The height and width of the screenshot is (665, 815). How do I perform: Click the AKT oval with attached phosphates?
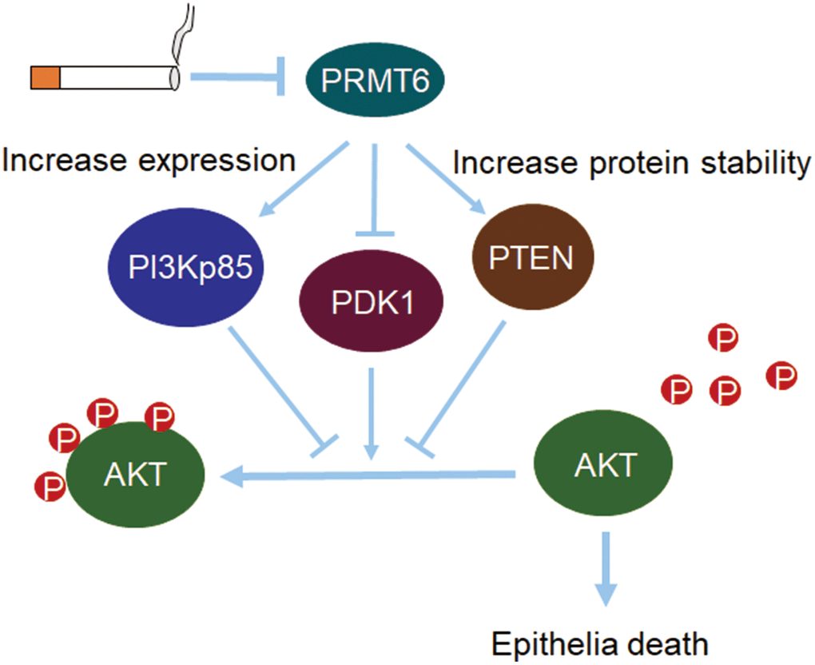coord(134,475)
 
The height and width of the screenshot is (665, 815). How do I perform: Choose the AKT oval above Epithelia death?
coord(602,464)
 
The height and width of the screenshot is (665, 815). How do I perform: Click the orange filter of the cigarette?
coord(46,78)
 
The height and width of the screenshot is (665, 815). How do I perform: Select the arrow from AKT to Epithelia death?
coord(606,568)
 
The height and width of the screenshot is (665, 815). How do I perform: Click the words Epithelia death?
coord(598,643)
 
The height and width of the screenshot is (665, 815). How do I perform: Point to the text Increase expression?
coord(149,159)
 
